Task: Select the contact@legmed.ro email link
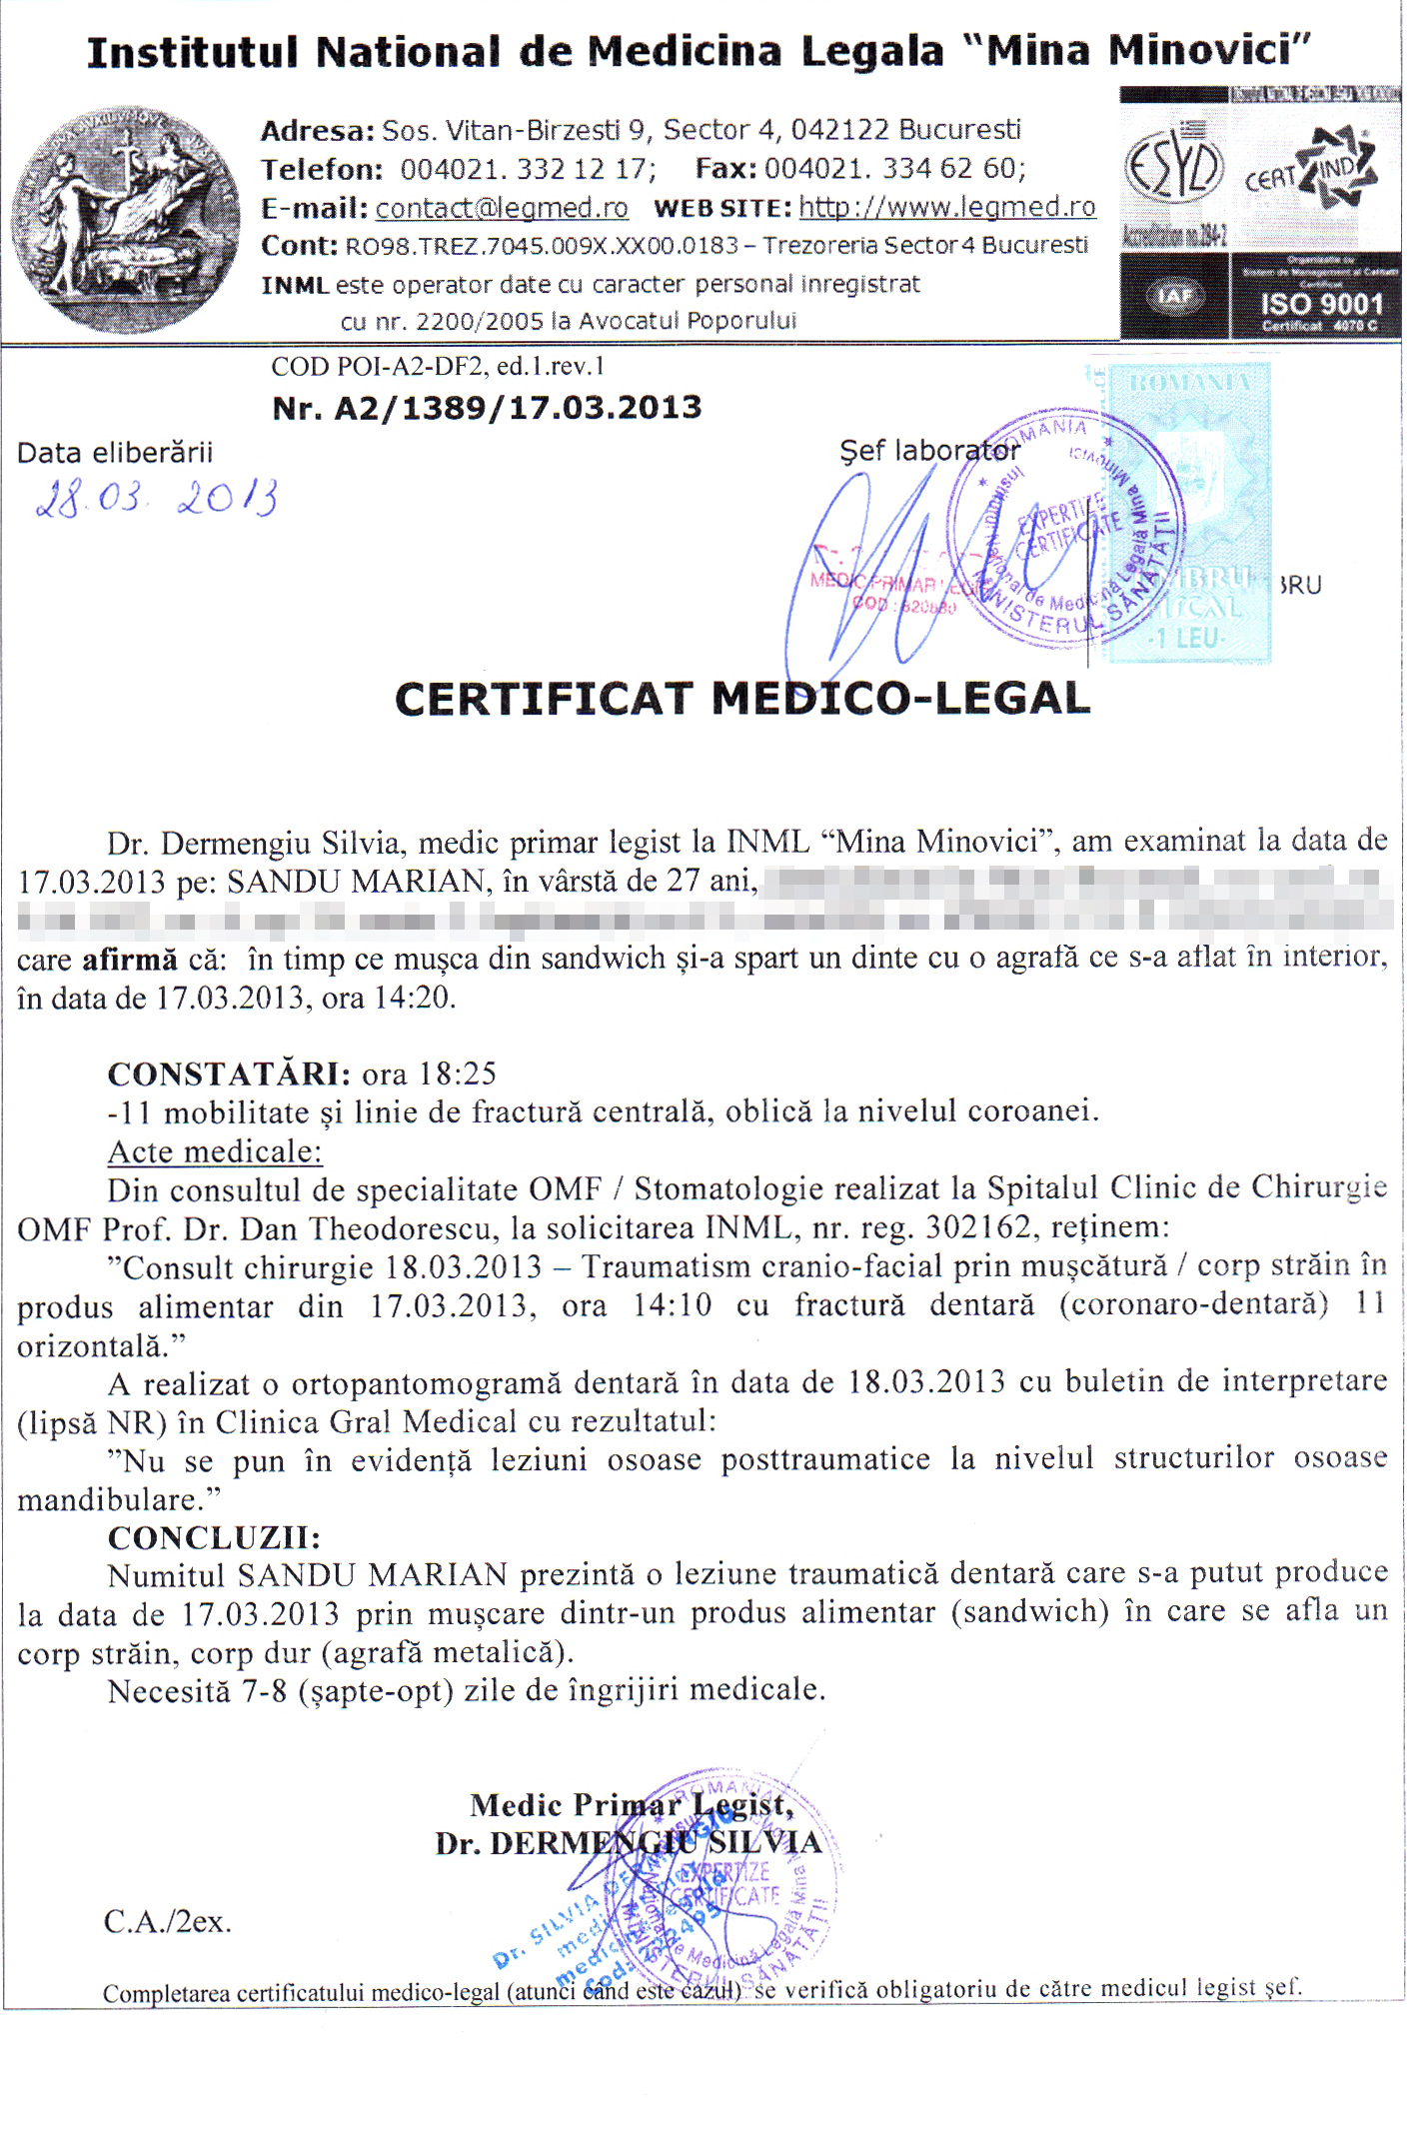pos(502,208)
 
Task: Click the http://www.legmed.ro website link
pos(947,207)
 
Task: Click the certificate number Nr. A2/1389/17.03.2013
pos(487,408)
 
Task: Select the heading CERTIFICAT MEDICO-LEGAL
pos(741,699)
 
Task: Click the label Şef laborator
pos(929,451)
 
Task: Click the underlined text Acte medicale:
pos(215,1151)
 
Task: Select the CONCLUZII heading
pos(214,1537)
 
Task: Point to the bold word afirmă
pos(129,960)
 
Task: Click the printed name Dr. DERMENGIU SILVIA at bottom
pos(628,1842)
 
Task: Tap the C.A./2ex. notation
pos(168,1921)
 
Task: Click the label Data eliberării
pos(115,453)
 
